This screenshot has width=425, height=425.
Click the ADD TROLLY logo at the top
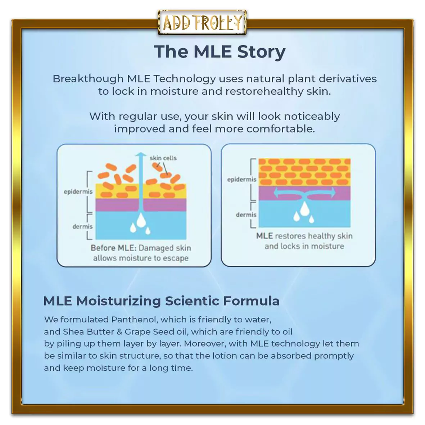pyautogui.click(x=202, y=22)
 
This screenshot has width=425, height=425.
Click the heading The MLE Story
pyautogui.click(x=220, y=52)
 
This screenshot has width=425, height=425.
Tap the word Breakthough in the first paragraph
pyautogui.click(x=88, y=79)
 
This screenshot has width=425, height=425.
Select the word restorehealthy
pyautogui.click(x=264, y=91)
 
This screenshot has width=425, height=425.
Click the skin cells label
pyautogui.click(x=163, y=158)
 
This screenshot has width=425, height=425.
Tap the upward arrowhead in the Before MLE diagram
pyautogui.click(x=141, y=155)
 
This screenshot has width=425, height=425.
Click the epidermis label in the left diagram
pyautogui.click(x=78, y=192)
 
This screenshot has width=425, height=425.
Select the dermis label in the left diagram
pyautogui.click(x=82, y=226)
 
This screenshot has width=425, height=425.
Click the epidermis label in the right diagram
pyautogui.click(x=242, y=180)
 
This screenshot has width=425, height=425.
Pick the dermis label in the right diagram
pyautogui.click(x=246, y=215)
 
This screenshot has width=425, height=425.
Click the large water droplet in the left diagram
pyautogui.click(x=141, y=220)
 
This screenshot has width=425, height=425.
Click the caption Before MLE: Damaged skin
pyautogui.click(x=141, y=248)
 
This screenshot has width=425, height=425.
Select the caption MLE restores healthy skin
pyautogui.click(x=304, y=236)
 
